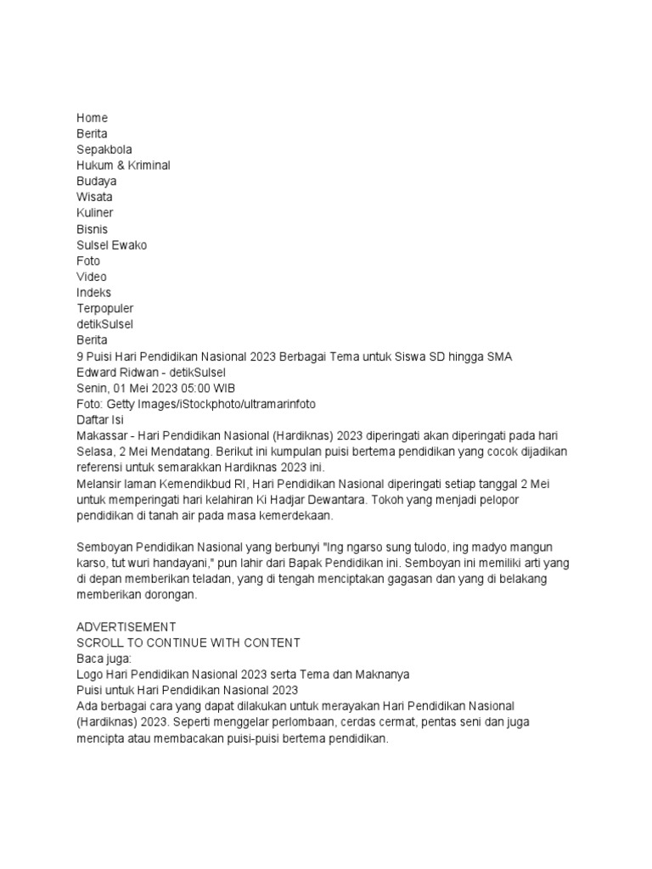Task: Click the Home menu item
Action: [92, 118]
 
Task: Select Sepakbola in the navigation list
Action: [104, 149]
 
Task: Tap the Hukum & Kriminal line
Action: [123, 165]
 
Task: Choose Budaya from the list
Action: [97, 181]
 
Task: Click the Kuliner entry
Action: [94, 213]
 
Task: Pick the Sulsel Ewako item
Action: [111, 244]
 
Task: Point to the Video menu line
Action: [92, 277]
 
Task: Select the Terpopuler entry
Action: [104, 308]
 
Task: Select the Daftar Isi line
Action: [100, 419]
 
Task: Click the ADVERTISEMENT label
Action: [126, 626]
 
